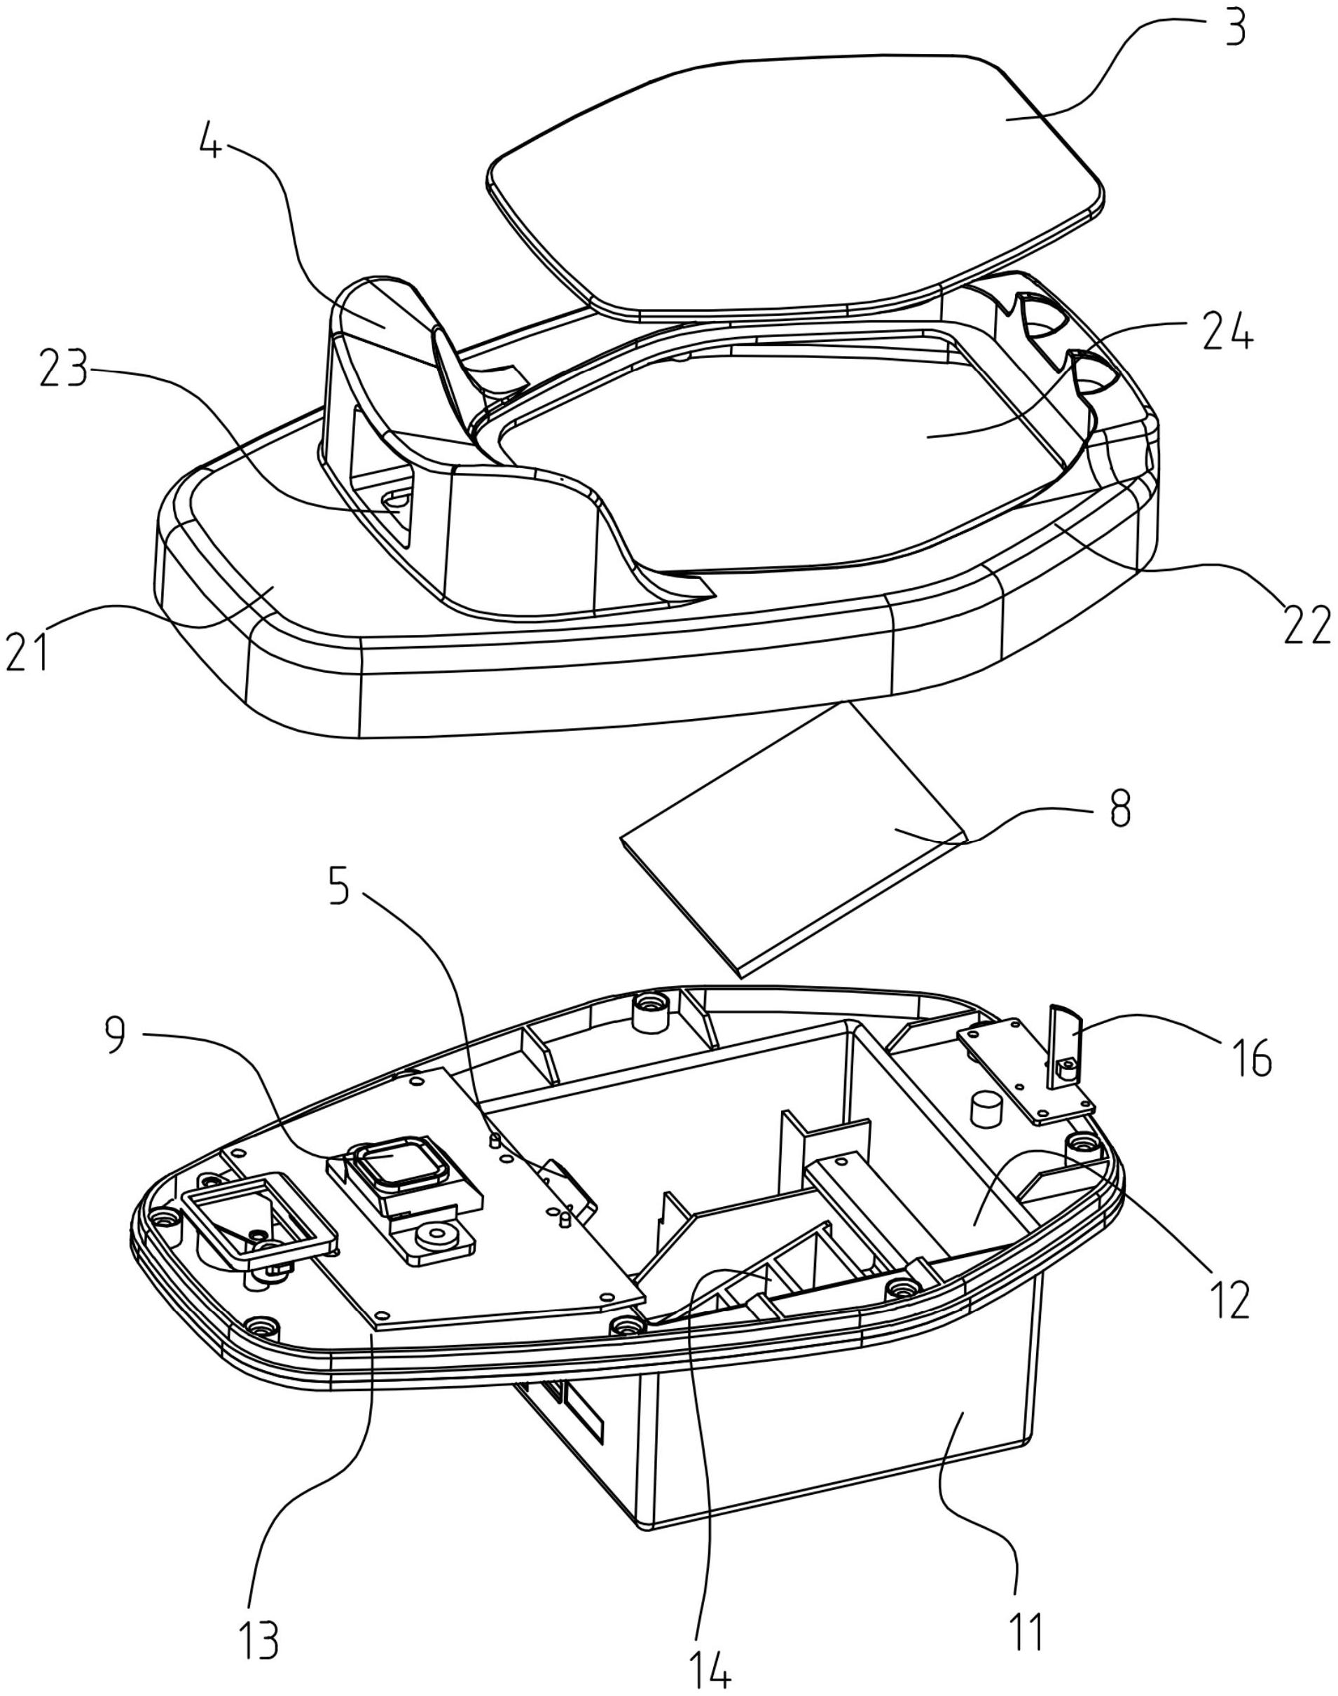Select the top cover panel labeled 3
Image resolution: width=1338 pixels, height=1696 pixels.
[791, 180]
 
